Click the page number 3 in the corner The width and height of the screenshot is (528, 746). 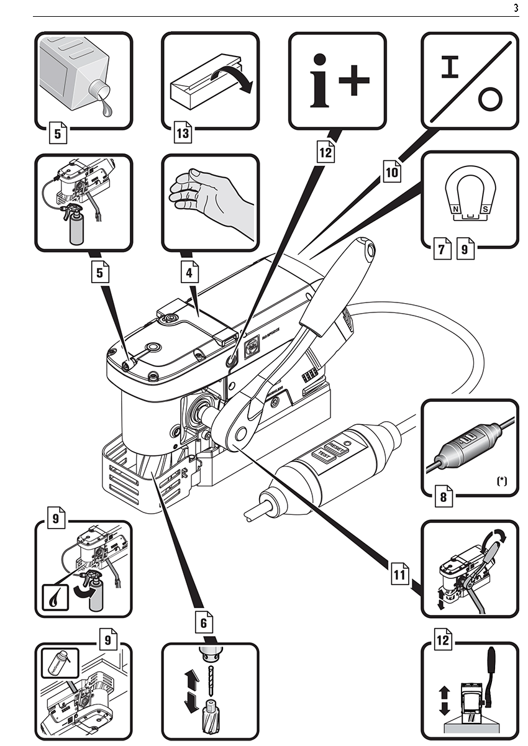click(x=516, y=8)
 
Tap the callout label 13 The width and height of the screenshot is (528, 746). click(x=183, y=132)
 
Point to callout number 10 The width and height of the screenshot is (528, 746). click(x=391, y=172)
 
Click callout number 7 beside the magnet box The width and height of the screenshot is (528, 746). click(x=441, y=250)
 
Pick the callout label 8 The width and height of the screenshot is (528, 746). click(x=444, y=497)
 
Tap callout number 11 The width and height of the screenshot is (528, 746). click(x=400, y=575)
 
